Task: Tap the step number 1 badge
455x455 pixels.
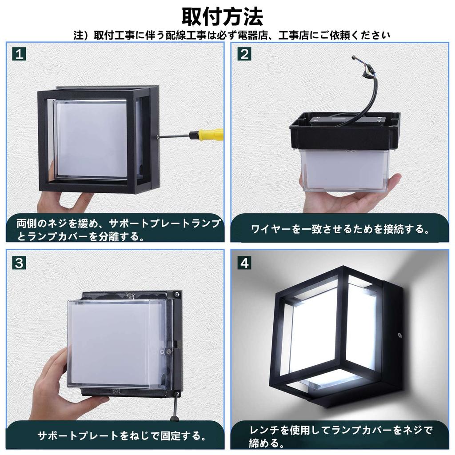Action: pyautogui.click(x=19, y=54)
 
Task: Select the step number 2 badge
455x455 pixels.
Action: pyautogui.click(x=244, y=54)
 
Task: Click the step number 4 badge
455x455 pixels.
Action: pyautogui.click(x=244, y=263)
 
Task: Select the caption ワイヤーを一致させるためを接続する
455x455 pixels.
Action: pyautogui.click(x=340, y=229)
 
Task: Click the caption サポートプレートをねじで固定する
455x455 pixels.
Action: pyautogui.click(x=121, y=435)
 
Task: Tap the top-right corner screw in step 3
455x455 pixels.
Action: pyautogui.click(x=177, y=293)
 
